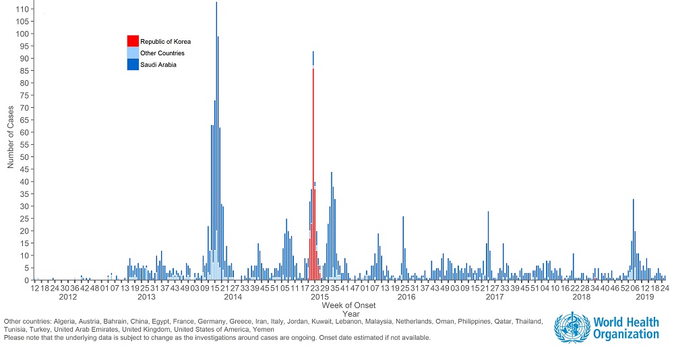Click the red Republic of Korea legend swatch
pos(133,41)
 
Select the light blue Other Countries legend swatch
pos(133,53)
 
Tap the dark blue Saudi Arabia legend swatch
pos(133,64)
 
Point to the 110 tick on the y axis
pos(22,9)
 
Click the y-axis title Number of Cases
pos(11,138)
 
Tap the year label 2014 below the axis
pos(233,297)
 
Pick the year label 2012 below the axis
pos(67,297)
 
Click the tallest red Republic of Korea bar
pos(313,169)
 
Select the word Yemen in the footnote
pos(264,330)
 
